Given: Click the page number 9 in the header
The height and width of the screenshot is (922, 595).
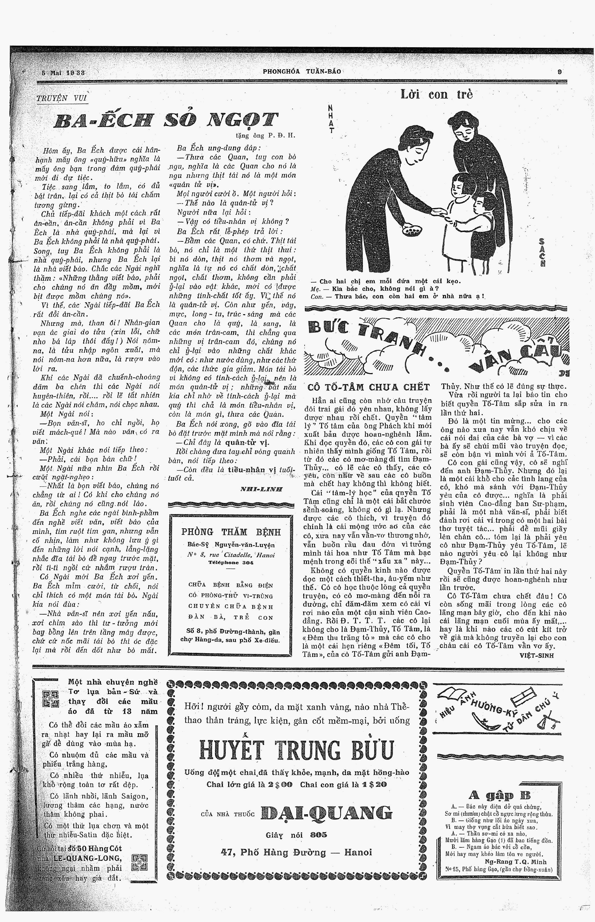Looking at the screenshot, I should coord(560,71).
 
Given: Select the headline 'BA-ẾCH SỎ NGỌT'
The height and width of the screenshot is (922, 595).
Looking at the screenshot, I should coord(166,120).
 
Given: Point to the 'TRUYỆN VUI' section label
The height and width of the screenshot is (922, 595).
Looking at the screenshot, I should coord(62,98).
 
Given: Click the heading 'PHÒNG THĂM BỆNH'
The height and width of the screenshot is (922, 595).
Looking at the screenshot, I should coord(231,532).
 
